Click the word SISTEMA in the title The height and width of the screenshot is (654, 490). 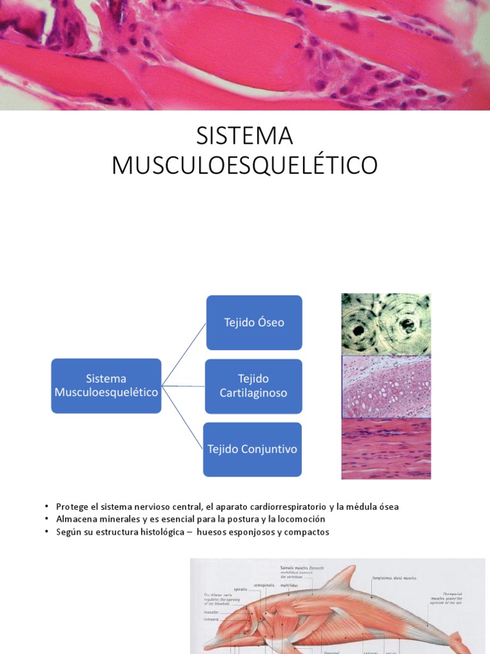[244, 136]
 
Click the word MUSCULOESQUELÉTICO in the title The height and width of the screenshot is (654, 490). [244, 165]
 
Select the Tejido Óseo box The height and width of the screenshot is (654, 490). [254, 323]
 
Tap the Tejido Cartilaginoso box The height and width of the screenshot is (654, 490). [253, 386]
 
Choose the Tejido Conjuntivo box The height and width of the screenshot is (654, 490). [252, 449]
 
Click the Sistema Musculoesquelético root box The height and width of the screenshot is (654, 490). [106, 386]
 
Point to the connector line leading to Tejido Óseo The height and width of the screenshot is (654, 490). [184, 354]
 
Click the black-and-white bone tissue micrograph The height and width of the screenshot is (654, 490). [386, 324]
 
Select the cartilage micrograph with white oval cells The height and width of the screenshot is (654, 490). [386, 386]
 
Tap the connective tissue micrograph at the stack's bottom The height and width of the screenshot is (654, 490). [386, 448]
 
